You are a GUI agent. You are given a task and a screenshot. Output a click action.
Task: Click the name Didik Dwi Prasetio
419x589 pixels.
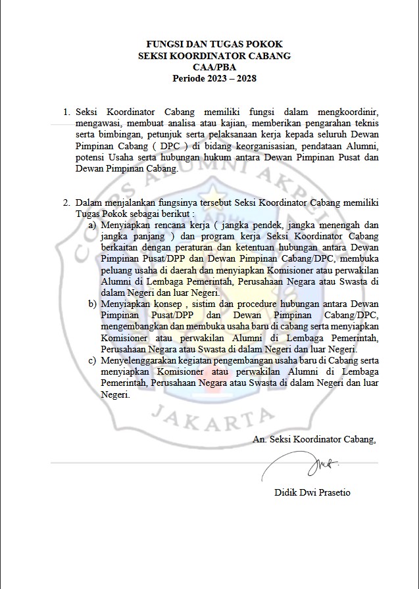(x=312, y=492)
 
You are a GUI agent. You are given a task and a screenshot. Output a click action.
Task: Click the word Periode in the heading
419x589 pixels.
(x=189, y=78)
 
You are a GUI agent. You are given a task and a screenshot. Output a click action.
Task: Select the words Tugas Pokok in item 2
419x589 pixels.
(x=100, y=214)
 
